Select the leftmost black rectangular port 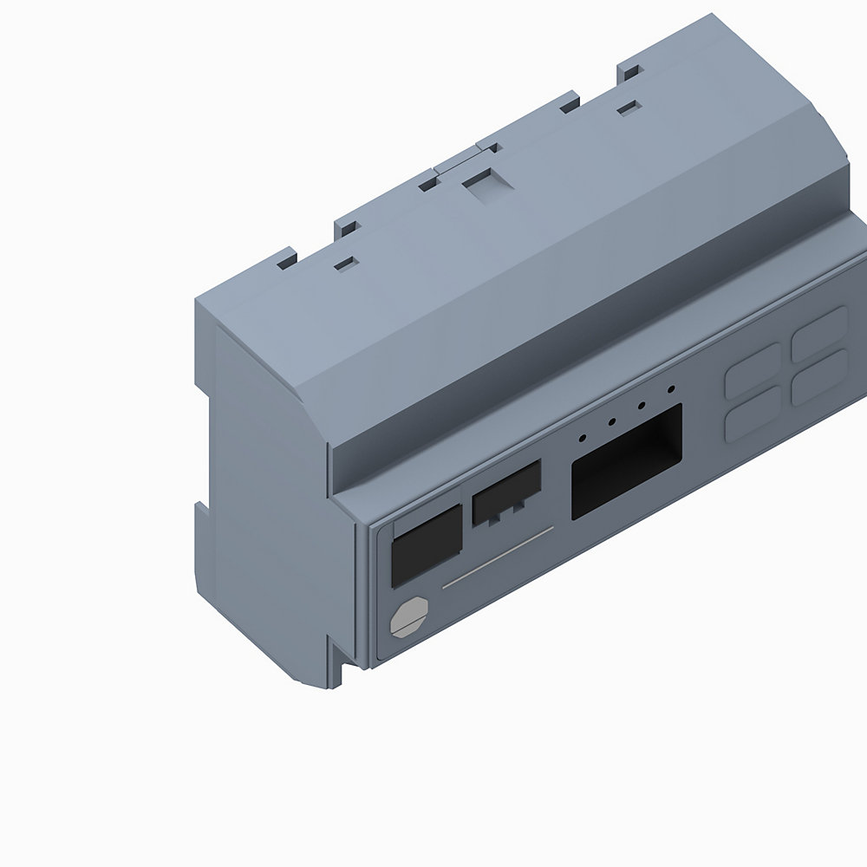click(427, 550)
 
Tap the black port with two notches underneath click(506, 493)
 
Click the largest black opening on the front click(626, 462)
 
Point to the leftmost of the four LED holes click(583, 437)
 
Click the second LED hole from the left click(612, 422)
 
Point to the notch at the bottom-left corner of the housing click(346, 668)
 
